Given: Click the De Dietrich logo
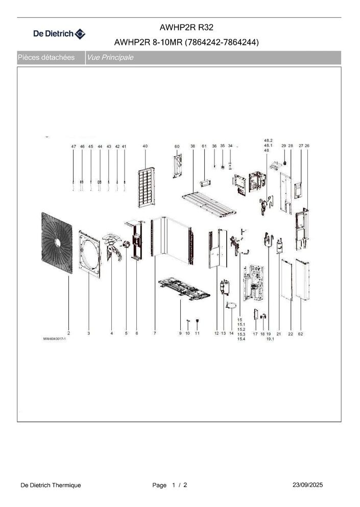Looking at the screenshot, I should [x=59, y=34].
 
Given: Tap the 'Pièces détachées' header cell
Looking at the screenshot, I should [x=46, y=58].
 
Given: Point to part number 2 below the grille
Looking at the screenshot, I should [x=68, y=333].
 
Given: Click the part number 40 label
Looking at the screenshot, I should [x=145, y=146].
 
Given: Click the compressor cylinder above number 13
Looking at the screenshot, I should [x=223, y=287].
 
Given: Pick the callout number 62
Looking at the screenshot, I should [x=301, y=333].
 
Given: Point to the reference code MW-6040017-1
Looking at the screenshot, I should [x=55, y=339].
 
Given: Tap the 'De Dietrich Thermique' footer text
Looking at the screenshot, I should [x=51, y=485].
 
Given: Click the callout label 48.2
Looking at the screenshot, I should [x=269, y=140].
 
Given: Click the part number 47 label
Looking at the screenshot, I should [x=74, y=146].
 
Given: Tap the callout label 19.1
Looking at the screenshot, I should [x=271, y=339].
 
